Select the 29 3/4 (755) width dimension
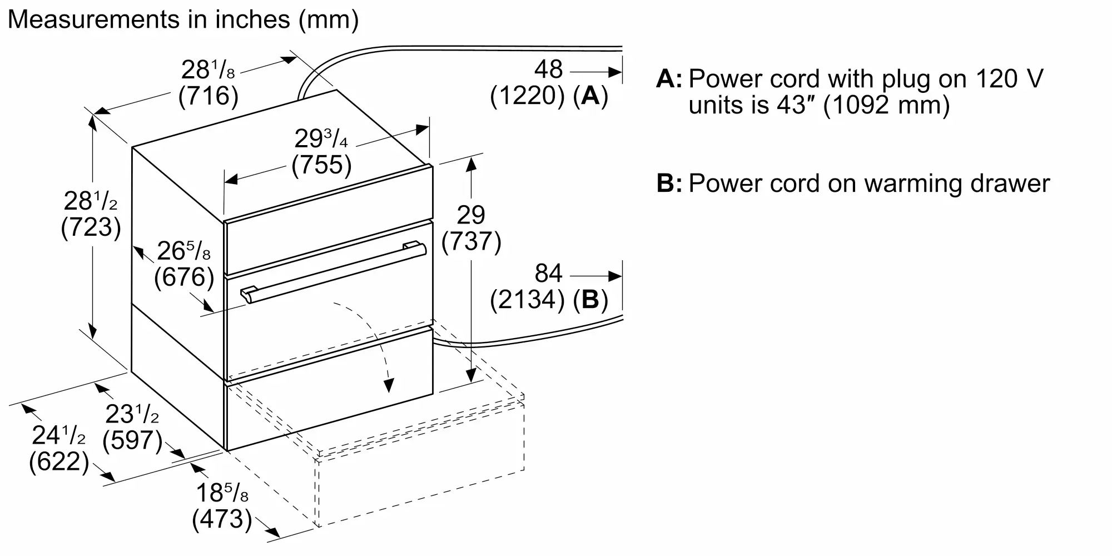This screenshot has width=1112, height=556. pos(322,152)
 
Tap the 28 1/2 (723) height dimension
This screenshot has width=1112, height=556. pos(91,215)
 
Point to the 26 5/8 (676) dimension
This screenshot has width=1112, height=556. pos(184,264)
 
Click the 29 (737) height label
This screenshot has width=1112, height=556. pos(471,229)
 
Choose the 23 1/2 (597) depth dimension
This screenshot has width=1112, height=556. pos(133,427)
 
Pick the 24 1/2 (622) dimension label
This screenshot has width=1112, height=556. pos(59,448)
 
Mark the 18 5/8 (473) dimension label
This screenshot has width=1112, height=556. pos(222,505)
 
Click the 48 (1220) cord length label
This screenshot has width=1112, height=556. pos(549,82)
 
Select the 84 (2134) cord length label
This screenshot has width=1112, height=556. pos(549,286)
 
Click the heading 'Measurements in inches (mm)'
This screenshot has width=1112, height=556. pos(183,19)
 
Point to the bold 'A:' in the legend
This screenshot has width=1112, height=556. pos(669,79)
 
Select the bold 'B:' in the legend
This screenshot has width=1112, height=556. pos(669,183)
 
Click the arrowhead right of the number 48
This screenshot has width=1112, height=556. pos(614,72)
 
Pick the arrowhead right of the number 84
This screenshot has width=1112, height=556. pos(614,276)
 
